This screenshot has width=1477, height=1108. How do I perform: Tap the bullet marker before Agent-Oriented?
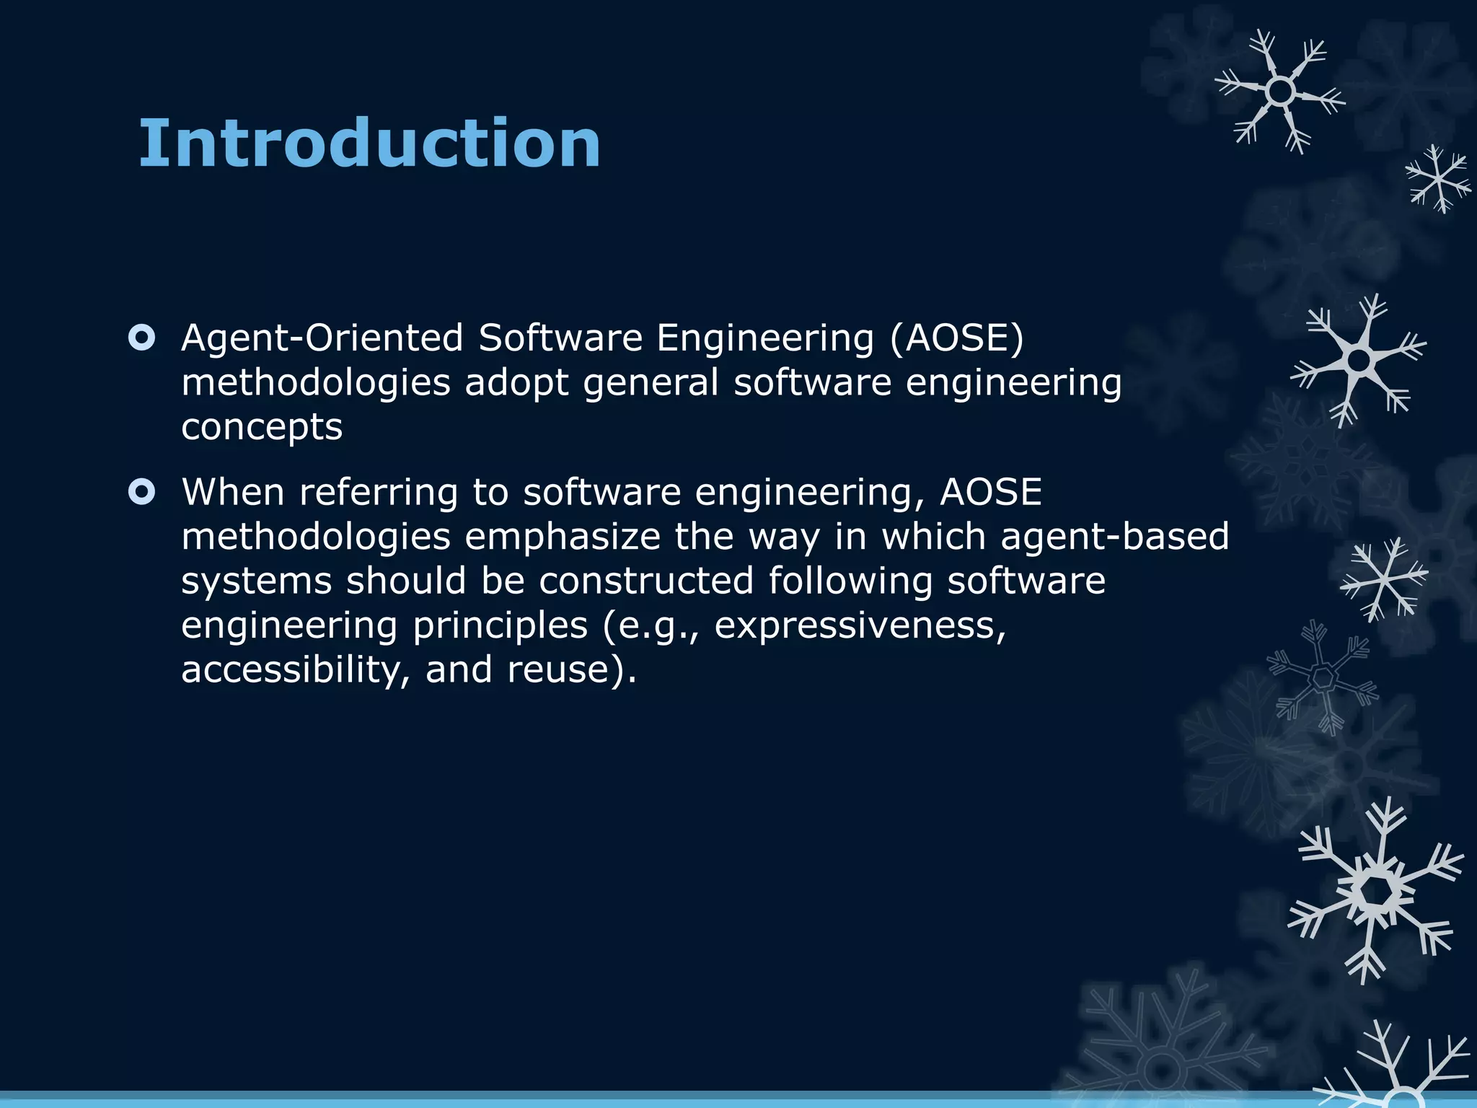[141, 338]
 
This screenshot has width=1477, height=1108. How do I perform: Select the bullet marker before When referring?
[141, 492]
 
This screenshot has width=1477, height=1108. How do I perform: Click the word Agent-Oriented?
[322, 338]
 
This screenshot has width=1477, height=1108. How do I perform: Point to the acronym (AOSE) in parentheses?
[956, 338]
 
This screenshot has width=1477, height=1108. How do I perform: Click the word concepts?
[262, 427]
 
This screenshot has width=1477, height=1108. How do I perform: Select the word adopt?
[516, 382]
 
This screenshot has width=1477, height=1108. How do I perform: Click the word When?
[233, 492]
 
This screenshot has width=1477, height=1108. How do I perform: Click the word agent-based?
[1114, 537]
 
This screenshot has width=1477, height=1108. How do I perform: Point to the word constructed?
[646, 581]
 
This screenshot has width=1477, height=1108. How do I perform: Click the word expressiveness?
[860, 626]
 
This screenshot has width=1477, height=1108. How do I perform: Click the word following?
[850, 581]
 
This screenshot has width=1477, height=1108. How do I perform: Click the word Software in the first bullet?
[560, 338]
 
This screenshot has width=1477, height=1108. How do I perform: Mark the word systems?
[256, 581]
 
